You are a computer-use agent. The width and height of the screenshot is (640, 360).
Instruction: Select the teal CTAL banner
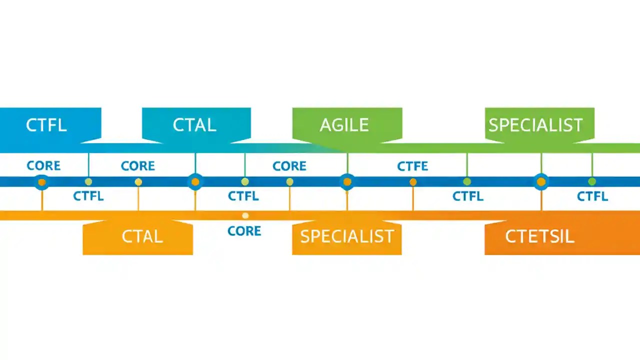pyautogui.click(x=195, y=124)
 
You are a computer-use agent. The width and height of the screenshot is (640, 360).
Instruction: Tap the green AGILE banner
pyautogui.click(x=344, y=124)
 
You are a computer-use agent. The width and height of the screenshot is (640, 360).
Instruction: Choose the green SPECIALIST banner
pyautogui.click(x=536, y=124)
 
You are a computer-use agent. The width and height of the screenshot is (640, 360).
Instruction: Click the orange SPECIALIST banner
pyautogui.click(x=346, y=236)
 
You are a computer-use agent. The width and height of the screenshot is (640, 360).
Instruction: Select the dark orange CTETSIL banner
pyautogui.click(x=540, y=236)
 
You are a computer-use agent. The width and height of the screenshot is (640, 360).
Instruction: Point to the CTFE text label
pyautogui.click(x=412, y=166)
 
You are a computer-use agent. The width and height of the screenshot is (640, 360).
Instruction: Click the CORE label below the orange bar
pyautogui.click(x=244, y=231)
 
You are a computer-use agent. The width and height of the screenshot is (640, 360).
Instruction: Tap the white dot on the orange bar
pyautogui.click(x=245, y=215)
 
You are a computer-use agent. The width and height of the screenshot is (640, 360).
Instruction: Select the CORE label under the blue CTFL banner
pyautogui.click(x=43, y=166)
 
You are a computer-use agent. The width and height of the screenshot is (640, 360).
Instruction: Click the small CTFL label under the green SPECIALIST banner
pyautogui.click(x=592, y=196)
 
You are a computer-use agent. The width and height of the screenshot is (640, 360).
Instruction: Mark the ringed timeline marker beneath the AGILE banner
pyautogui.click(x=347, y=182)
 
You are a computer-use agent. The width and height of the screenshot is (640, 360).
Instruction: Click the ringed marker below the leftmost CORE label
pyautogui.click(x=42, y=182)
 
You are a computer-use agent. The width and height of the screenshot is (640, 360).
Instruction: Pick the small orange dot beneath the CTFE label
pyautogui.click(x=413, y=182)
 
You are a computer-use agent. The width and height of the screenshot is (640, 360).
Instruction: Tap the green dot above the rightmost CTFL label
pyautogui.click(x=592, y=181)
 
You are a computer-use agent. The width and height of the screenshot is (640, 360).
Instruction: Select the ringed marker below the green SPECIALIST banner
pyautogui.click(x=541, y=182)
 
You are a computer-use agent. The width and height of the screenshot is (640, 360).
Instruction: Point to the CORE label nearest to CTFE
pyautogui.click(x=289, y=166)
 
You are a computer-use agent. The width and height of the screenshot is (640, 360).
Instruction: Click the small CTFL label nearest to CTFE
pyautogui.click(x=467, y=196)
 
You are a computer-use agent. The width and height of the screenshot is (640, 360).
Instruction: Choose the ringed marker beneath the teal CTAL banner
pyautogui.click(x=195, y=182)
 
